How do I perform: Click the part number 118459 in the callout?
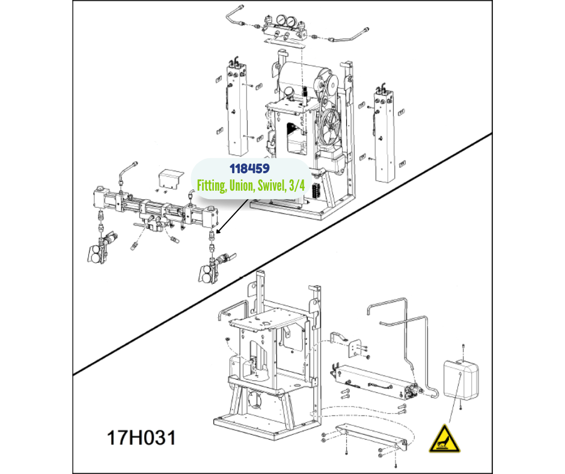point(249,168)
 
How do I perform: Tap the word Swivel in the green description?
point(269,185)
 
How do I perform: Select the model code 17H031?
point(141,437)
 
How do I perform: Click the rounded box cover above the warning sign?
point(461,380)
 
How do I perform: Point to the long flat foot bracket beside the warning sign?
point(371,437)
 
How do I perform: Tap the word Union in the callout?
point(240,185)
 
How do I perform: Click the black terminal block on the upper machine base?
point(317,189)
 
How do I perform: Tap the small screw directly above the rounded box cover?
point(463,348)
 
